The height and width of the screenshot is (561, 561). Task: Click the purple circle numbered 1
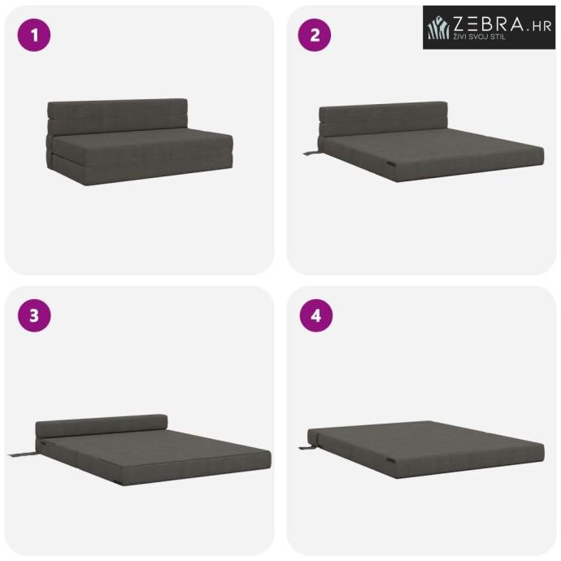(34, 35)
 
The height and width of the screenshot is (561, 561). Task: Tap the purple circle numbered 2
(315, 35)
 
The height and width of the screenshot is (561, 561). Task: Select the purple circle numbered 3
(34, 315)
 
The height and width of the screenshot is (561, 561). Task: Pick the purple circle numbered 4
(316, 315)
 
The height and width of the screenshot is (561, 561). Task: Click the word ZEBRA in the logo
(489, 24)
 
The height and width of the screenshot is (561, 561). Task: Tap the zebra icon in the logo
(439, 27)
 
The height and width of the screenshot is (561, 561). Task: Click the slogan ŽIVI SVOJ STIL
(480, 37)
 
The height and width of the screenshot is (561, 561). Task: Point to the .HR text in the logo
(539, 26)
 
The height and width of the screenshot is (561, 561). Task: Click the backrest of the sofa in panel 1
(117, 116)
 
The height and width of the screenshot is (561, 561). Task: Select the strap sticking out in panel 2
(311, 153)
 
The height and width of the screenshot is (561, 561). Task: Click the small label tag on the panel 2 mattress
(392, 164)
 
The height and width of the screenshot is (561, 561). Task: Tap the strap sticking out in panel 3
(22, 454)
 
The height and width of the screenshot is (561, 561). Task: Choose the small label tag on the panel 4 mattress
(391, 460)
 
